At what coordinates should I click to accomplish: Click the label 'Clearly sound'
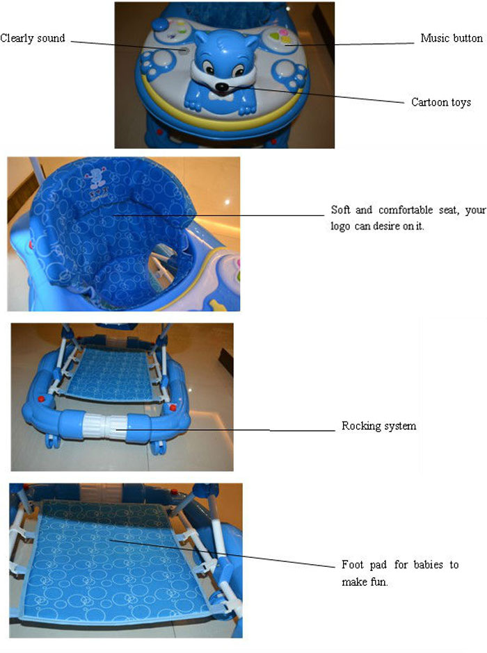coord(33,38)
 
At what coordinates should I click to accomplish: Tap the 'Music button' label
coord(451,38)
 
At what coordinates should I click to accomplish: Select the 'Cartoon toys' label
coord(440,102)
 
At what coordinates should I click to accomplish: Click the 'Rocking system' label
coord(378,426)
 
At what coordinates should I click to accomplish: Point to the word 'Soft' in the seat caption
coord(342,210)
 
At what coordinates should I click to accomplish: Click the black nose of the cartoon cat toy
coord(221,88)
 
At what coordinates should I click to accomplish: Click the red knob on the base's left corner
coord(40,399)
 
